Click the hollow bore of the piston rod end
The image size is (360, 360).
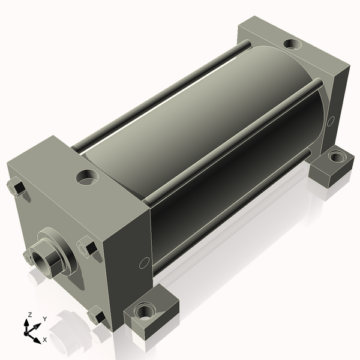(39, 261)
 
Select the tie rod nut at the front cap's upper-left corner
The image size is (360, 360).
(17, 188)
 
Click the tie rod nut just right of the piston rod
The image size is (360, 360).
(86, 247)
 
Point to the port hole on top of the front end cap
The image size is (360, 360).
(87, 177)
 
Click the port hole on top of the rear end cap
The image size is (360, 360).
(293, 44)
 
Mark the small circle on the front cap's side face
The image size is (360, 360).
(145, 263)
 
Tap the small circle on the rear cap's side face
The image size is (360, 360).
(331, 121)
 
